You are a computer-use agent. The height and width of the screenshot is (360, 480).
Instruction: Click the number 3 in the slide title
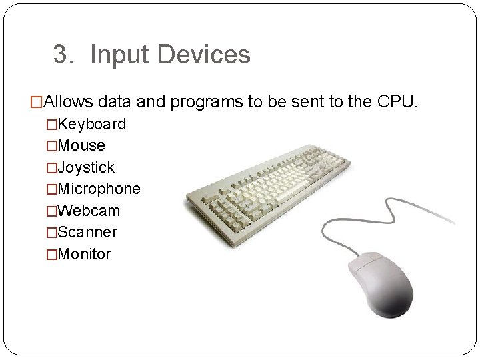(61, 55)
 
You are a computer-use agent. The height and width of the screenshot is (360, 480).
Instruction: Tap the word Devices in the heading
(203, 55)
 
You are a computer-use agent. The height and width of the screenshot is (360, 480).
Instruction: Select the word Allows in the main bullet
(70, 103)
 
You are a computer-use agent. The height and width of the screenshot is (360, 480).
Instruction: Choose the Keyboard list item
(91, 124)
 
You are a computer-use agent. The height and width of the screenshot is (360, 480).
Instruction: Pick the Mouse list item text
(81, 145)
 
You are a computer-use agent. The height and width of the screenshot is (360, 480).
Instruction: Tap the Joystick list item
(86, 167)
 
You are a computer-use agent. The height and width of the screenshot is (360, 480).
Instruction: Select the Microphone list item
(99, 189)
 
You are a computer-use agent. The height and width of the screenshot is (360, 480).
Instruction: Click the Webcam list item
(89, 211)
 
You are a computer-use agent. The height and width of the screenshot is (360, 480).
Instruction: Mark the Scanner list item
(87, 232)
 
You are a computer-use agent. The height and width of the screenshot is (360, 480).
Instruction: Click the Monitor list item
(85, 254)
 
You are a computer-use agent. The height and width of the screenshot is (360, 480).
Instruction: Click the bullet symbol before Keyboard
(51, 124)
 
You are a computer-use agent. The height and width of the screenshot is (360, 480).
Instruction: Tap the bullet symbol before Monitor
(51, 254)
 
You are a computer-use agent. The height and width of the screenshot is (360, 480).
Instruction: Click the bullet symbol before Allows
(36, 103)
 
